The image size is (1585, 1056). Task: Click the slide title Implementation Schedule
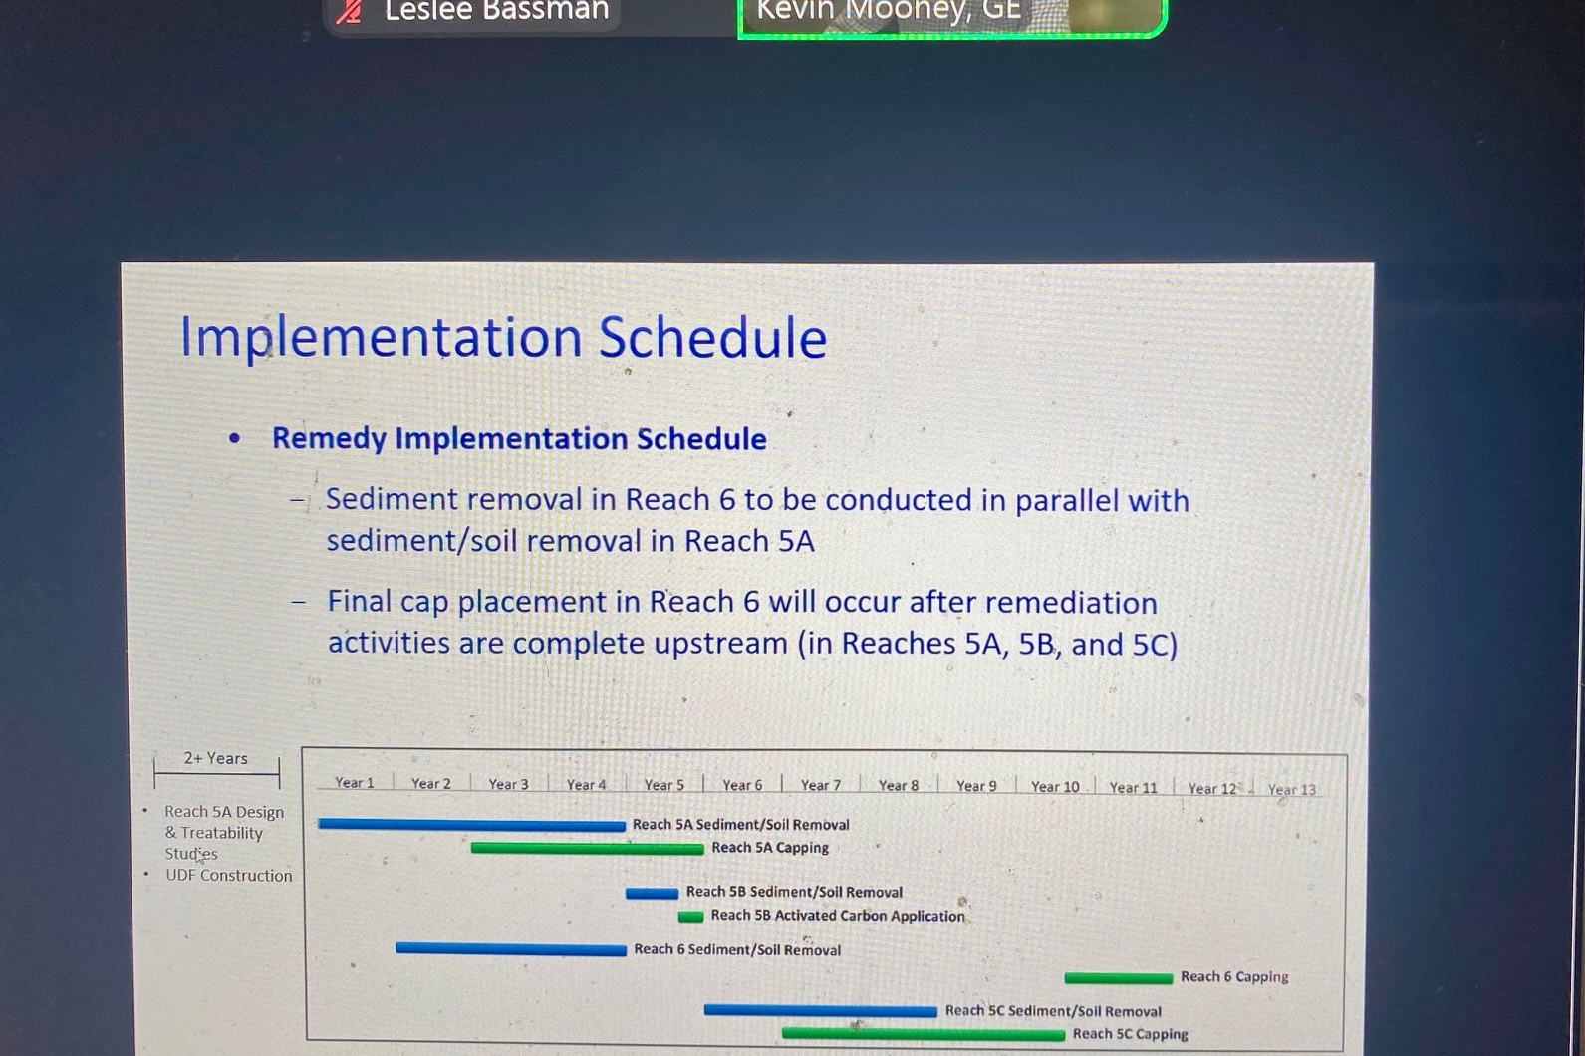tap(503, 337)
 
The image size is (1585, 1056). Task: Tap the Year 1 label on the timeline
tap(354, 783)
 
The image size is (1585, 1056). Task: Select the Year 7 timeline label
tap(820, 785)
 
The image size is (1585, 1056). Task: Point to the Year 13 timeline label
tap(1291, 789)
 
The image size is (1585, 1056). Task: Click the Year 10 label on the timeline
tap(1055, 786)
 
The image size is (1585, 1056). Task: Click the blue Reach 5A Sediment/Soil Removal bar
tap(471, 825)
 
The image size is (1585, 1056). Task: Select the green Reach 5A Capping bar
tap(588, 848)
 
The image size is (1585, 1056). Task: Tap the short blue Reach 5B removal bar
tap(652, 894)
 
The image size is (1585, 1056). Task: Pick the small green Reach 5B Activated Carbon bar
tap(690, 917)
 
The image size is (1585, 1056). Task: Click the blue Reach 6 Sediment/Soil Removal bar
tap(511, 949)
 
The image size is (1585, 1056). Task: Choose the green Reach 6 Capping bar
tap(1119, 978)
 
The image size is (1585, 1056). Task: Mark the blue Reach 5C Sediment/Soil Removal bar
tap(821, 1011)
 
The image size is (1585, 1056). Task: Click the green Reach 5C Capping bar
tap(924, 1034)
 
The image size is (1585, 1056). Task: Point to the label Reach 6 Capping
tap(1234, 976)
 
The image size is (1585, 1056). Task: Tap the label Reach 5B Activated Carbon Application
tap(838, 916)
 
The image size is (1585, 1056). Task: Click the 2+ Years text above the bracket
tap(216, 758)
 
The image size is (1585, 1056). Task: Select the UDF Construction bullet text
tap(228, 876)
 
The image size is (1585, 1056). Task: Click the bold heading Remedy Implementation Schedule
tap(519, 438)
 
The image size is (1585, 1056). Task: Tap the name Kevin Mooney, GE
tap(889, 10)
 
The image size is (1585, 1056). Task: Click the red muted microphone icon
tap(349, 11)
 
